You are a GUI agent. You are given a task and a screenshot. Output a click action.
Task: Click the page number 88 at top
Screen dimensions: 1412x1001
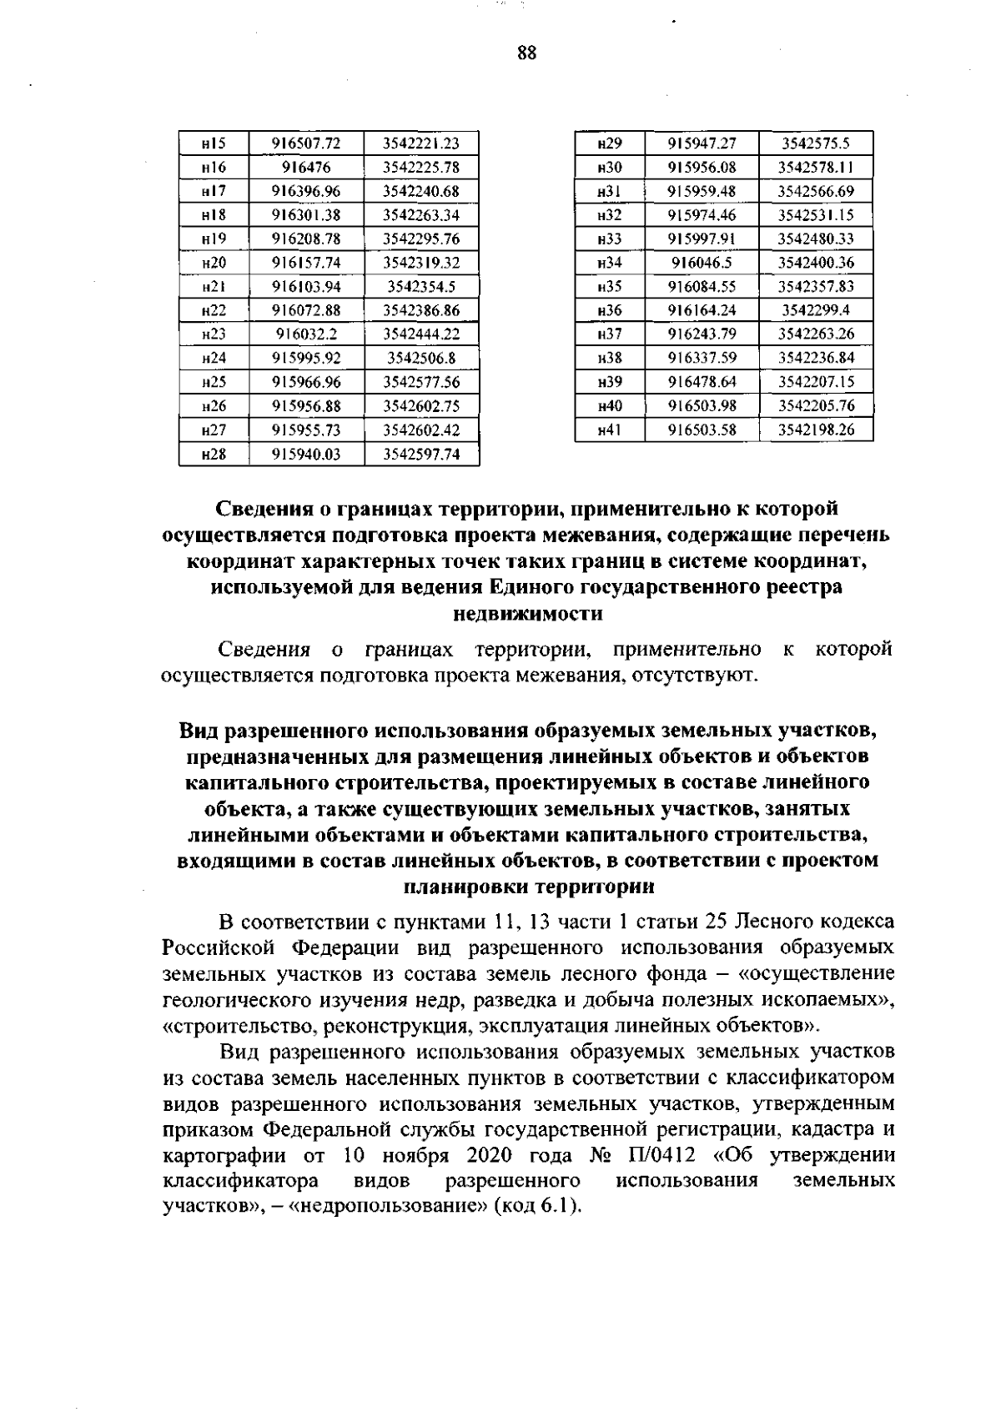pyautogui.click(x=526, y=53)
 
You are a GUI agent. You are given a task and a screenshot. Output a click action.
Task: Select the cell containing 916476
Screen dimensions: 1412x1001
pyautogui.click(x=306, y=168)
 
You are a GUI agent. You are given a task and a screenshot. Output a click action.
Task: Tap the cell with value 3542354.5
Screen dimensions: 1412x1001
pyautogui.click(x=421, y=287)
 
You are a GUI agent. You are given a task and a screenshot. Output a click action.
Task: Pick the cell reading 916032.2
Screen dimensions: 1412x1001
pyautogui.click(x=306, y=334)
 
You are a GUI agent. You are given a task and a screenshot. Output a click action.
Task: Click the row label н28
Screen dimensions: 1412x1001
pyautogui.click(x=214, y=455)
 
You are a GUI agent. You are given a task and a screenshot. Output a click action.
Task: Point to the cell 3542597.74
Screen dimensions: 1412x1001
pyautogui.click(x=421, y=455)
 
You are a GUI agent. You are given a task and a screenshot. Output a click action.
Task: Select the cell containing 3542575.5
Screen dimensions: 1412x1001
pyautogui.click(x=816, y=143)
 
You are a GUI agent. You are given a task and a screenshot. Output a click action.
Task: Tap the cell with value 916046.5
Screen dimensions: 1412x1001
pyautogui.click(x=702, y=263)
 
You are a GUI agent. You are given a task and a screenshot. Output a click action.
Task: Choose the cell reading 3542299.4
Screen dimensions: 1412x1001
pyautogui.click(x=816, y=310)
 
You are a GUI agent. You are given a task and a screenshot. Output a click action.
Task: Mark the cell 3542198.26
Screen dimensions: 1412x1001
pyautogui.click(x=816, y=430)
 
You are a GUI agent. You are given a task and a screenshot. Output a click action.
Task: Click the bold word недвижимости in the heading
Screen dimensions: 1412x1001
pyautogui.click(x=526, y=614)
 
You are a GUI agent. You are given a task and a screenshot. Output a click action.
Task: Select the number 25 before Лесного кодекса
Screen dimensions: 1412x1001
pyautogui.click(x=718, y=922)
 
